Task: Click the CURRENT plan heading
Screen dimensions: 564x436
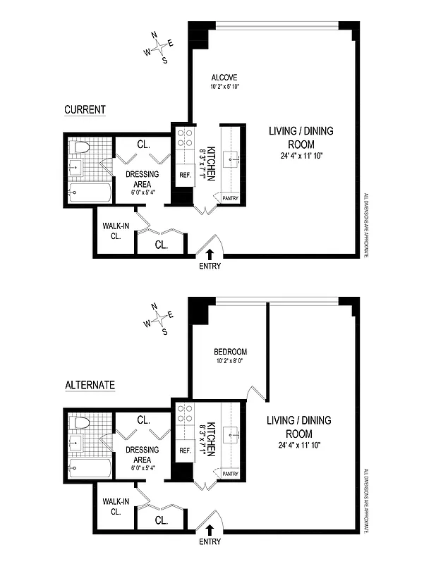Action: (85, 110)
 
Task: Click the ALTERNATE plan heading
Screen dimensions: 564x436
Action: (90, 385)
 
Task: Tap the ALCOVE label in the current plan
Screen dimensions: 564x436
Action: (225, 77)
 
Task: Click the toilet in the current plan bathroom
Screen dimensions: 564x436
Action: (80, 148)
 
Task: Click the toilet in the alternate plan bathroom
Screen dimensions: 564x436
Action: (80, 424)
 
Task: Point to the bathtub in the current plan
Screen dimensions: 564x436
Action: (88, 192)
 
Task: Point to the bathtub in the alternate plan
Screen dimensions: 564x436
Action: (88, 467)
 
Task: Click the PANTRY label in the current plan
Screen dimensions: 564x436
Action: (231, 199)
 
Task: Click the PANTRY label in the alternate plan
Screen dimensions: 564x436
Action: (231, 474)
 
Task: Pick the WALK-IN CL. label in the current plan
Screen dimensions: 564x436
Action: (112, 231)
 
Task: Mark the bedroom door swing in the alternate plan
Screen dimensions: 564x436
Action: (258, 390)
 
